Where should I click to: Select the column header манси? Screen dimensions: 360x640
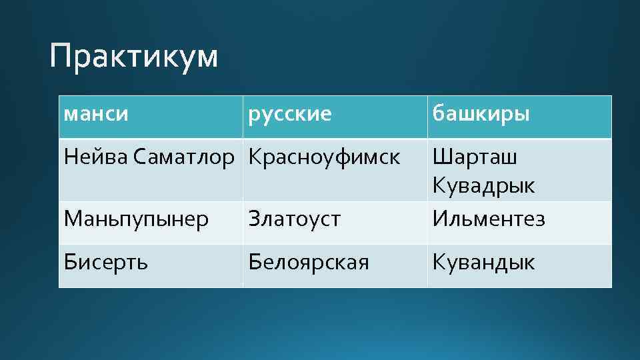[96, 114]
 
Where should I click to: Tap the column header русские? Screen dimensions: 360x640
[289, 114]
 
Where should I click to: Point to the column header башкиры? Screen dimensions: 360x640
[481, 114]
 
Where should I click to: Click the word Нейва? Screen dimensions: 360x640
[96, 157]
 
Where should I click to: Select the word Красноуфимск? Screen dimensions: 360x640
[324, 157]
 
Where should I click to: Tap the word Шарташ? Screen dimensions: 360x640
[475, 157]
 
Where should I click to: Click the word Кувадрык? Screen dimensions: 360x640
[483, 185]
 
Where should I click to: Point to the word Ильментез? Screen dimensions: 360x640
[488, 218]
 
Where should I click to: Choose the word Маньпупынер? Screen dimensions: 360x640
[136, 218]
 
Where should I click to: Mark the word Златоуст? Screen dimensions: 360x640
[294, 218]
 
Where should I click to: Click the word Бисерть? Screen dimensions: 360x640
[106, 262]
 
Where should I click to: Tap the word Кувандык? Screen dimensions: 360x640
[483, 262]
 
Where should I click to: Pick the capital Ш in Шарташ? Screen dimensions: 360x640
[441, 157]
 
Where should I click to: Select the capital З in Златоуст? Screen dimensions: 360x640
[253, 218]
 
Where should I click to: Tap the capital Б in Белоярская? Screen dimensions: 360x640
[254, 262]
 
